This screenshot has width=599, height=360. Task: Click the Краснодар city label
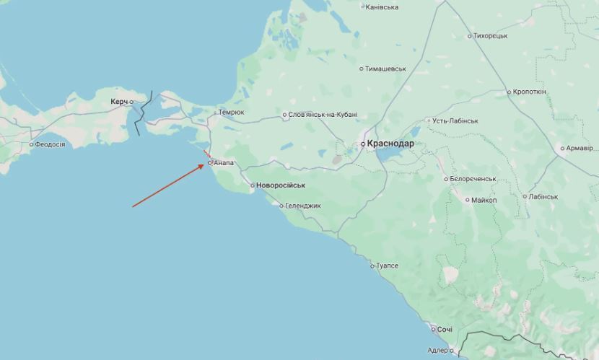[x=390, y=144]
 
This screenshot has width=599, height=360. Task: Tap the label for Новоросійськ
[x=281, y=185]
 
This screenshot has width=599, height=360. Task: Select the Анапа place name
[x=224, y=163]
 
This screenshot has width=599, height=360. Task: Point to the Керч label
[x=119, y=102]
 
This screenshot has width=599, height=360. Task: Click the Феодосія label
[x=50, y=144]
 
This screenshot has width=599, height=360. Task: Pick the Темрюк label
[x=231, y=113]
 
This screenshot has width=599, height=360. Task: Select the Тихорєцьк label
[x=491, y=35]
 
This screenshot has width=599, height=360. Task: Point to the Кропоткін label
[x=530, y=92]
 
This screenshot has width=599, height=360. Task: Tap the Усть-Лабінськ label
[x=455, y=120]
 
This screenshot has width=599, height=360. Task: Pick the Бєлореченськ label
[x=472, y=178]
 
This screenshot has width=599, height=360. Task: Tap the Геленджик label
[x=303, y=206]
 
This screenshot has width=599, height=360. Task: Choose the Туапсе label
[x=387, y=266]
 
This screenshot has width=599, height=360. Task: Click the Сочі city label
[x=445, y=330]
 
